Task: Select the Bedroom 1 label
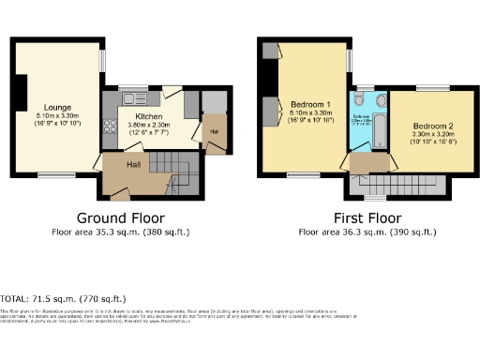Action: (308, 103)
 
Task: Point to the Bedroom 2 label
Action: (432, 126)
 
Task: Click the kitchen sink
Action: (129, 97)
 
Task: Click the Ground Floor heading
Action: (122, 216)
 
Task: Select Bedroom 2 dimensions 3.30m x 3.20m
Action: (432, 135)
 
